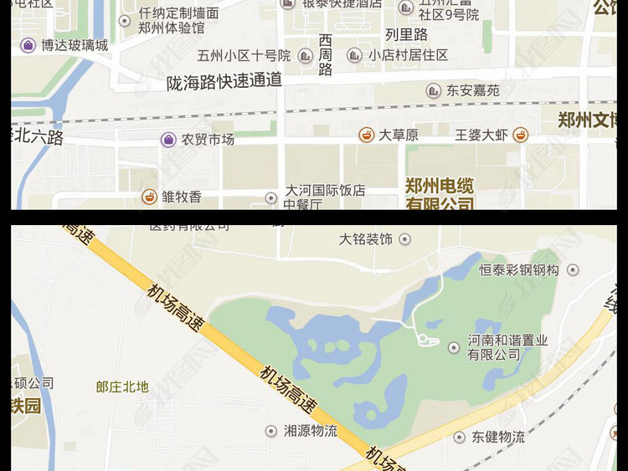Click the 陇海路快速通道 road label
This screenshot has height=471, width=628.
click(x=224, y=82)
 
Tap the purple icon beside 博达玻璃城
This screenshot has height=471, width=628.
click(x=28, y=45)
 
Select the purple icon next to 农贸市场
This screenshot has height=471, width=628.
click(x=168, y=140)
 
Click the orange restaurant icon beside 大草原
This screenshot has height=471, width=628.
click(x=366, y=135)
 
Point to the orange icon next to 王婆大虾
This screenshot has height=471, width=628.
click(x=521, y=135)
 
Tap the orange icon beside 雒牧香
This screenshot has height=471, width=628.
click(x=149, y=197)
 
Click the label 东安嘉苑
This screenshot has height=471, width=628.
click(x=472, y=90)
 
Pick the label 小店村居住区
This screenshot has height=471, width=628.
click(x=408, y=55)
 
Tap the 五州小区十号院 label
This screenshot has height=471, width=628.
click(x=244, y=56)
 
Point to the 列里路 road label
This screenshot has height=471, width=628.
click(x=406, y=35)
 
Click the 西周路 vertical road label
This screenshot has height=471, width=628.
click(x=326, y=55)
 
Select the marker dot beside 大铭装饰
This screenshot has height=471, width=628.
click(x=405, y=239)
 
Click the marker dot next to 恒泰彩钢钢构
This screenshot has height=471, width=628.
click(x=573, y=270)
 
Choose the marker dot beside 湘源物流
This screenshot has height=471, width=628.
click(x=270, y=432)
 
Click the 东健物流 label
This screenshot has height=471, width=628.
click(x=497, y=437)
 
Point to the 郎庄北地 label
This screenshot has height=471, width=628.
click(x=122, y=387)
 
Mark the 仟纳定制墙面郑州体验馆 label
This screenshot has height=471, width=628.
click(x=178, y=20)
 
